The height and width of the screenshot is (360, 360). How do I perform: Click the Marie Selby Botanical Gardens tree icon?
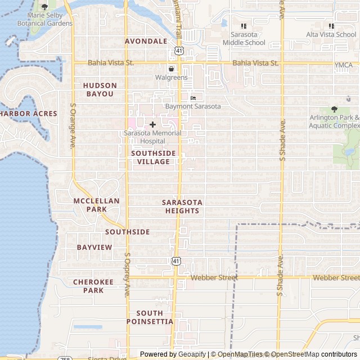point(44,7)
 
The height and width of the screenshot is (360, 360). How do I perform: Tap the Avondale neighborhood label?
point(146,41)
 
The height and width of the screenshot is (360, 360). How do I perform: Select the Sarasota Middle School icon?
point(244,26)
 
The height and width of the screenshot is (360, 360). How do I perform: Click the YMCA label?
point(343,65)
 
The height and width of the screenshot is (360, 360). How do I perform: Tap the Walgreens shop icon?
point(171,69)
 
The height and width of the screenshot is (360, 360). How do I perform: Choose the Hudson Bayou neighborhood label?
point(100,89)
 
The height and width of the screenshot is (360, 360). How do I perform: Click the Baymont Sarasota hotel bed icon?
point(193,98)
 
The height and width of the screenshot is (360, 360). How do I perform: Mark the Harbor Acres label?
point(28,114)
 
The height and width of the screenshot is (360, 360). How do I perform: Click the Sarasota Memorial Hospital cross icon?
point(152,124)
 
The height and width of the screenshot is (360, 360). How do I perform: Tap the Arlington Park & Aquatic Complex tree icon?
point(334,110)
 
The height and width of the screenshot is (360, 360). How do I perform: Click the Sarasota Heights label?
point(182,206)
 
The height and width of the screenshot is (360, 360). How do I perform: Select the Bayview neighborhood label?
point(94,247)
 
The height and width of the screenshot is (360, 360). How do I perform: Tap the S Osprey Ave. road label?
point(127,275)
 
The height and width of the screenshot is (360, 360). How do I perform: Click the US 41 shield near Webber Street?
point(176,261)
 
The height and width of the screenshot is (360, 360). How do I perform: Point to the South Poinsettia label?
point(150,317)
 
